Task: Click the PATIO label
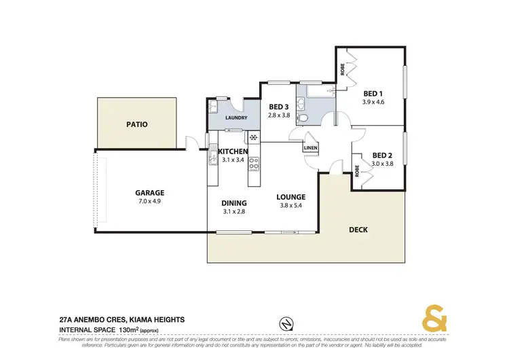136,125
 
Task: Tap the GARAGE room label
149,193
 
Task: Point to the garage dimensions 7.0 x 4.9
149,202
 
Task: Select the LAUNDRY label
234,118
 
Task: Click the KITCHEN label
232,151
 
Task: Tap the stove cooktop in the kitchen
254,164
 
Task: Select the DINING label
233,203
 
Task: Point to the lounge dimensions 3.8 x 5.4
290,206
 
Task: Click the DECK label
358,230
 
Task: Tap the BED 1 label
373,94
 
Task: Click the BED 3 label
279,107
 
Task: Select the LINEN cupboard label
311,147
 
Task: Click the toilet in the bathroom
304,119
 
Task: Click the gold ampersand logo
435,319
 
